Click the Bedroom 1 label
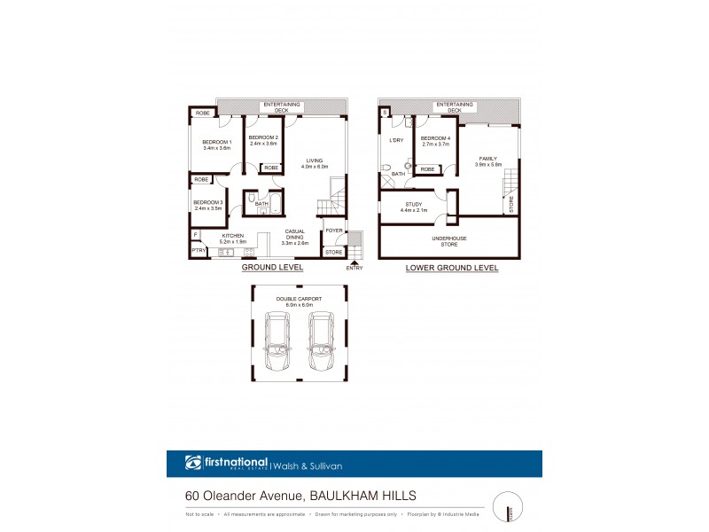[x=216, y=145]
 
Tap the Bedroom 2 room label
[x=263, y=140]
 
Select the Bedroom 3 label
[x=209, y=205]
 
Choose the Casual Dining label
[x=295, y=236]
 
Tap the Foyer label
[x=333, y=231]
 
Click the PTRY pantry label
[x=199, y=251]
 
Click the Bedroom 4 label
[x=435, y=140]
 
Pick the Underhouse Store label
[x=451, y=241]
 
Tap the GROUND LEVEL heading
[x=273, y=267]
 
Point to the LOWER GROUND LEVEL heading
[x=451, y=267]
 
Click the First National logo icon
[x=193, y=463]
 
